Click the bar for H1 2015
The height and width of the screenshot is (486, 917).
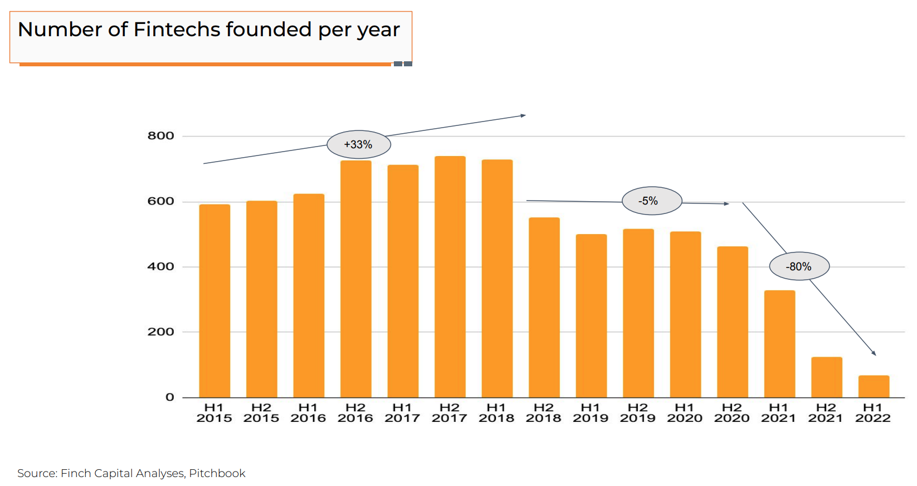(x=214, y=301)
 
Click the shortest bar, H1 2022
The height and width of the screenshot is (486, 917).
(x=874, y=386)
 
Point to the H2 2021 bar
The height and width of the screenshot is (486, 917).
(x=826, y=377)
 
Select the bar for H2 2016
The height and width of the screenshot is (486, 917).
(x=355, y=279)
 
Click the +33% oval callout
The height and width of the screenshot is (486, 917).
(x=358, y=144)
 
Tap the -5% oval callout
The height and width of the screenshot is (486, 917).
(x=651, y=201)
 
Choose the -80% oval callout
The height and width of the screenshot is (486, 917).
(x=799, y=266)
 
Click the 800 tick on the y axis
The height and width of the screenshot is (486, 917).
(x=160, y=136)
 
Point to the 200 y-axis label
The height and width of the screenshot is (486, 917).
(x=160, y=332)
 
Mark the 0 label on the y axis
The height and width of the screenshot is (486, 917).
(x=170, y=397)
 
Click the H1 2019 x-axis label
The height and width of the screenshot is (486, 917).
(x=591, y=413)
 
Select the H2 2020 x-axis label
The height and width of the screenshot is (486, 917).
(x=731, y=413)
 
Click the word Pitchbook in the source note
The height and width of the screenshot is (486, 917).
(x=217, y=473)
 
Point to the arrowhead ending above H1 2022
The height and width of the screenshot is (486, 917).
(x=874, y=353)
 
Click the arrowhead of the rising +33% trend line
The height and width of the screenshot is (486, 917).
(x=523, y=116)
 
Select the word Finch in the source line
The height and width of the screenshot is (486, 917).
(x=76, y=473)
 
